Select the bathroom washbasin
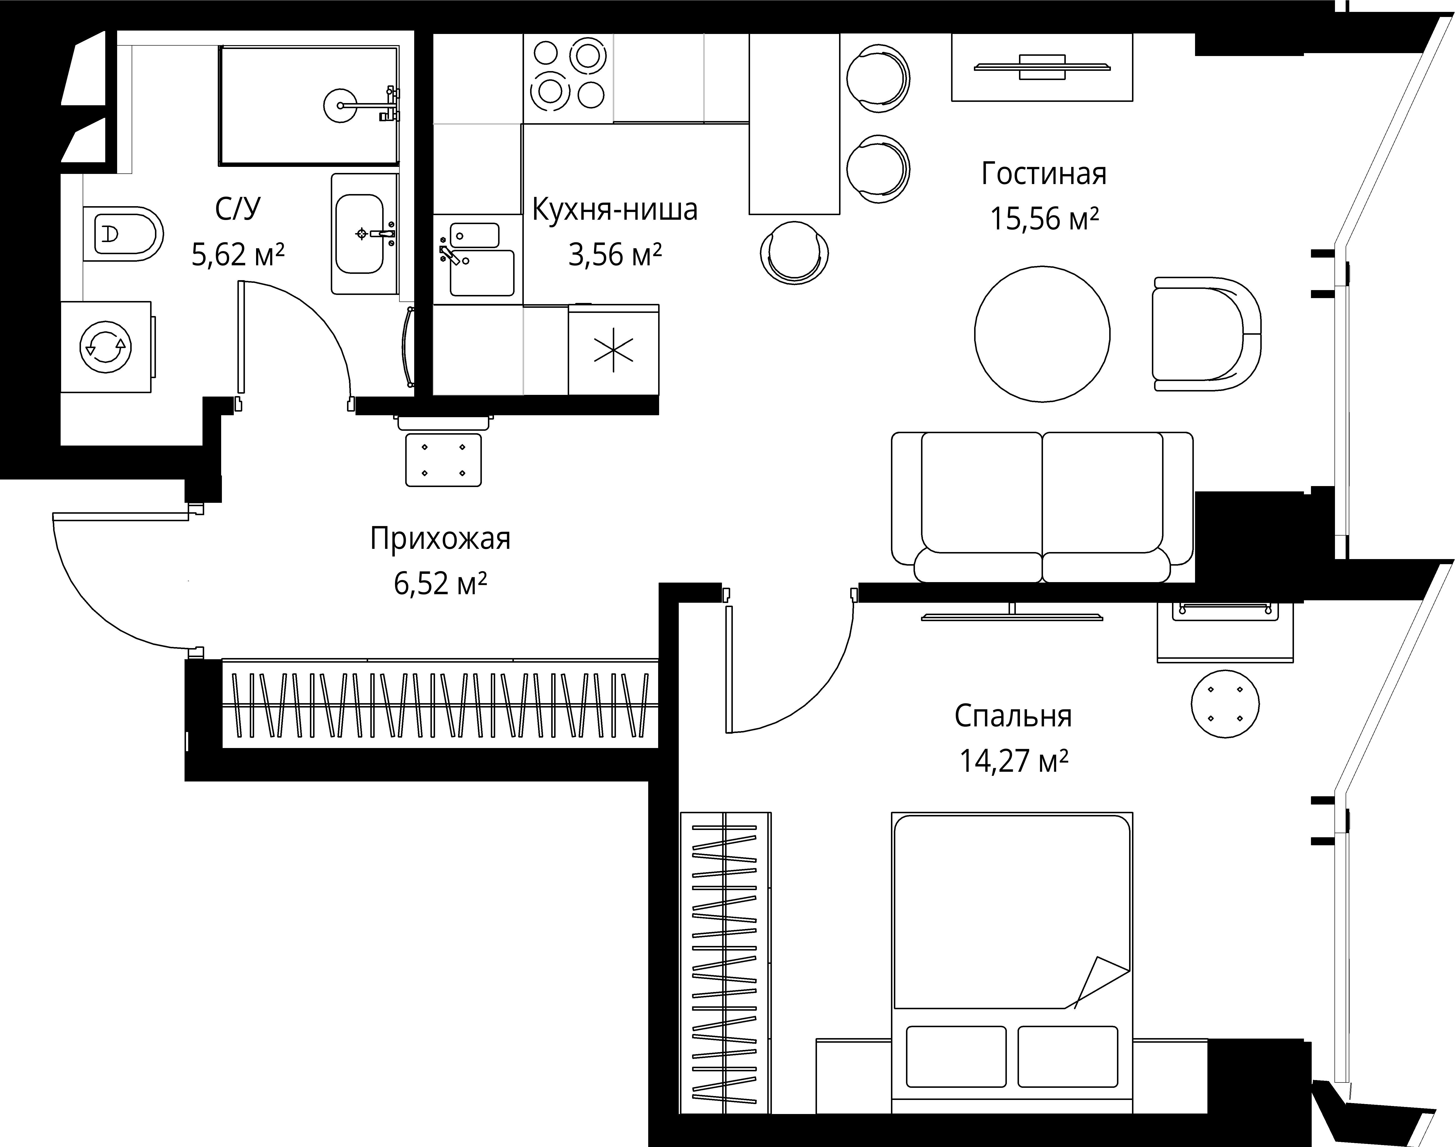[x=361, y=234]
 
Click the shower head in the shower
[x=341, y=106]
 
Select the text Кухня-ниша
[x=614, y=210]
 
